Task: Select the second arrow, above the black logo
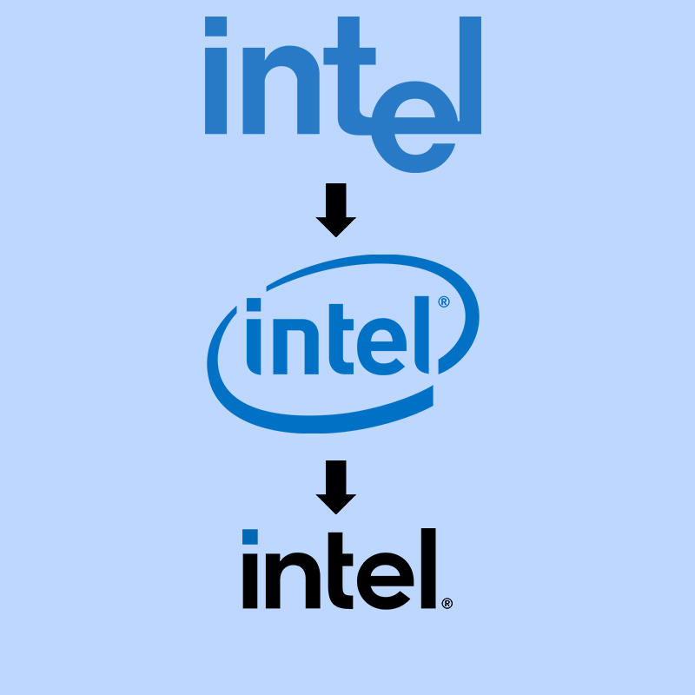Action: [x=336, y=486]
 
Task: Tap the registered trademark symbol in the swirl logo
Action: [x=444, y=302]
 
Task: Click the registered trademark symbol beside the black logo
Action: [x=447, y=602]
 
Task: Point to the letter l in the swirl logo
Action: [x=424, y=330]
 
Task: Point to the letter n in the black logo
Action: [x=295, y=581]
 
